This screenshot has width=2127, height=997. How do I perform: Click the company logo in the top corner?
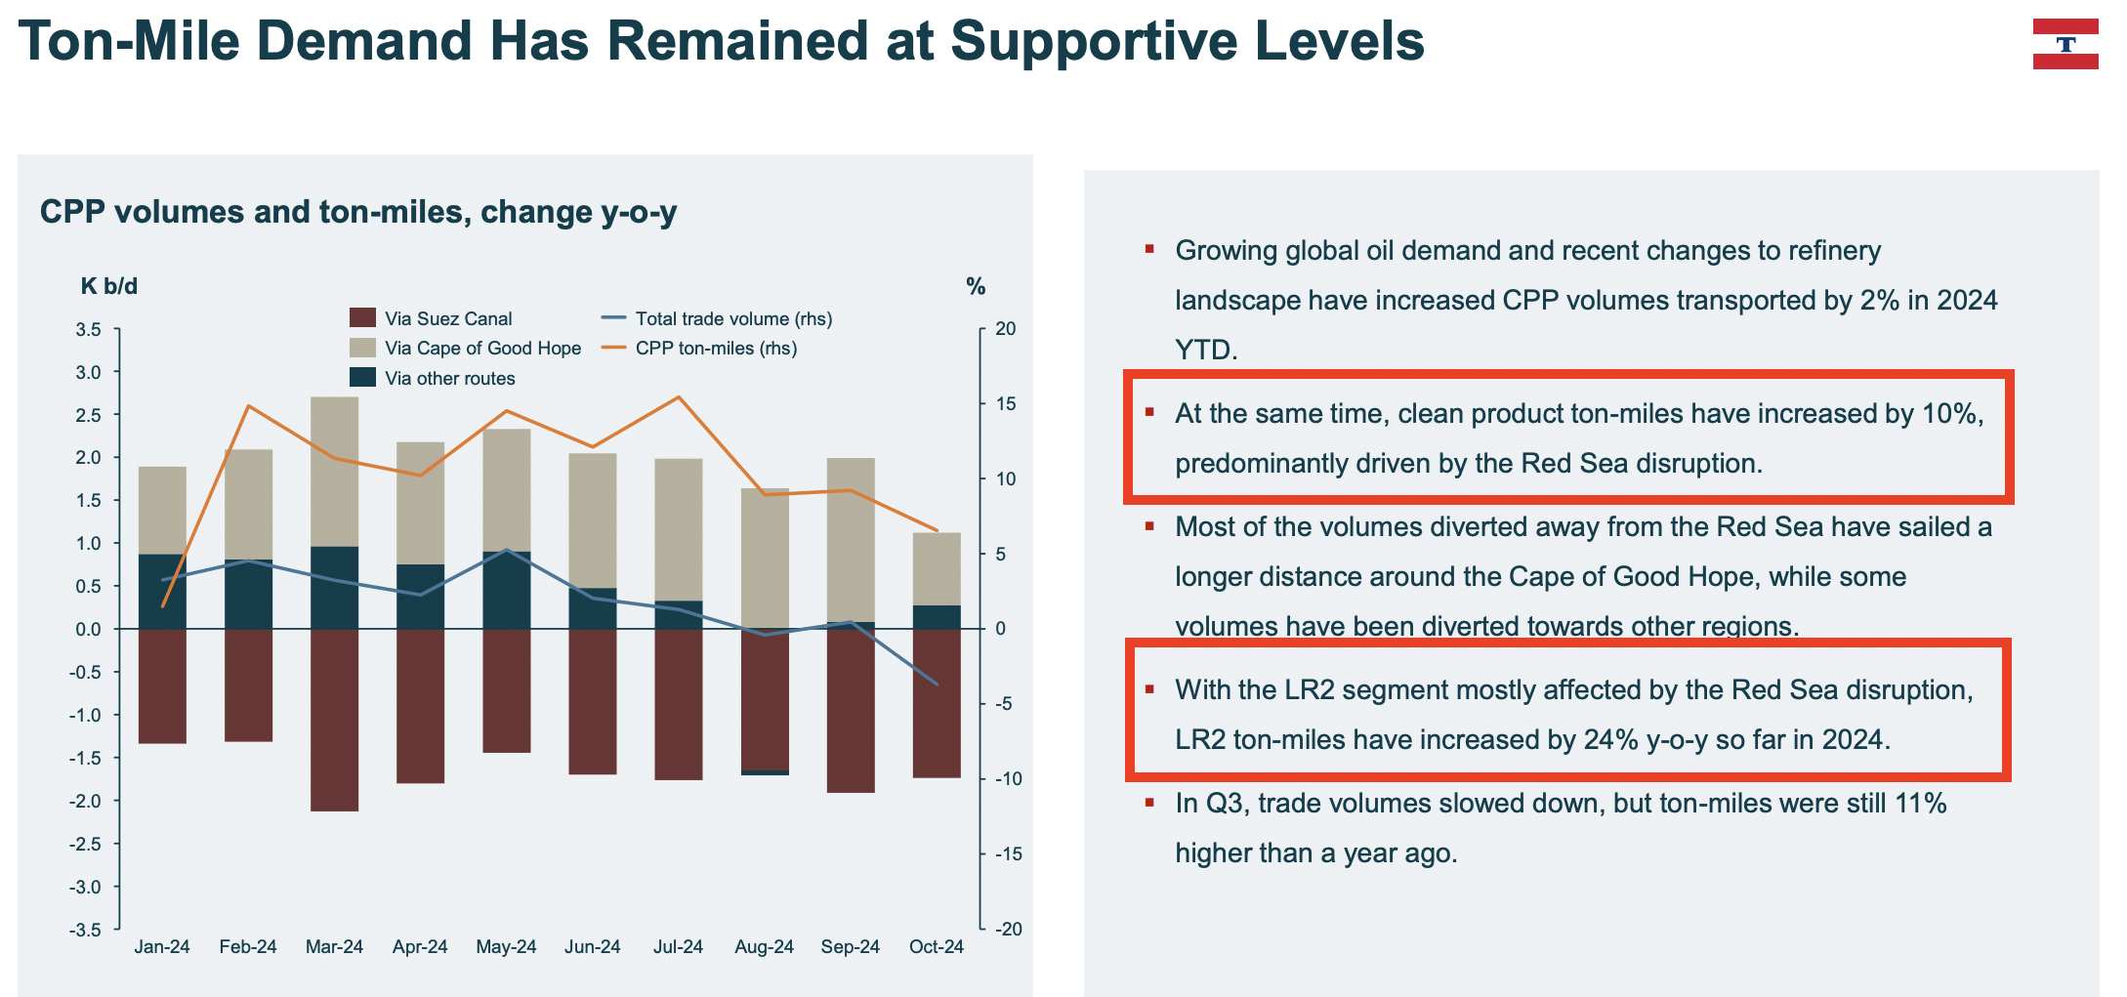pos(2064,44)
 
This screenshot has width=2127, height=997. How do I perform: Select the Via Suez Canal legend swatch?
pos(362,318)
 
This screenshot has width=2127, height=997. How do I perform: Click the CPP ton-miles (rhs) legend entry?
pos(716,349)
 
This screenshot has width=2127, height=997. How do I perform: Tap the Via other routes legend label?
pos(449,379)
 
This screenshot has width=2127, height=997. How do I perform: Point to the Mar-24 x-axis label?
pos(334,947)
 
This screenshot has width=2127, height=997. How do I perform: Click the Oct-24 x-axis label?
pos(936,947)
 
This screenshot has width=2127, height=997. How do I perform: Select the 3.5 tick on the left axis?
pos(88,330)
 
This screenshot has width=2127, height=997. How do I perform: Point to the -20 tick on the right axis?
pos(1008,930)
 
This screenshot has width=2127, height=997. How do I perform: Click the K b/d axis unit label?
pos(108,287)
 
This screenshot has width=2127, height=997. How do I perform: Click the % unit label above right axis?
pos(976,287)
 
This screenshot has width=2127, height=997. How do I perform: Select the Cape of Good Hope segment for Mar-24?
pos(334,472)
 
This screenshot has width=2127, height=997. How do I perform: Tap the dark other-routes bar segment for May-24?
pos(506,590)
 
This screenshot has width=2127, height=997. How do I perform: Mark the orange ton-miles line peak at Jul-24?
pos(679,397)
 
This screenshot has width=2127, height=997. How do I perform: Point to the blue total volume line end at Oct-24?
pos(937,684)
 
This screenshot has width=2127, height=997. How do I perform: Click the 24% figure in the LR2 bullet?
pos(1610,740)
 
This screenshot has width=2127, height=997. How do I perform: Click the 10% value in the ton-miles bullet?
pos(1950,414)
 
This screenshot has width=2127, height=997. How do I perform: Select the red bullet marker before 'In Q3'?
pos(1149,803)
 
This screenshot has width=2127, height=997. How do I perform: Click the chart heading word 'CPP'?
pos(72,212)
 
